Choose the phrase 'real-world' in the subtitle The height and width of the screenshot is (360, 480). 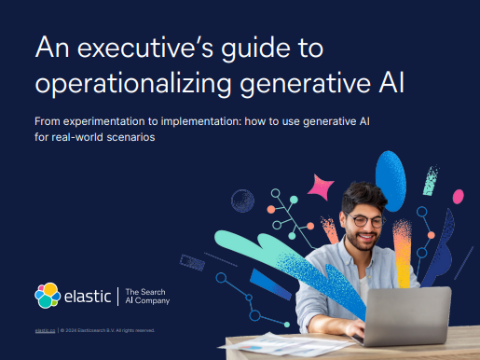tap(83, 138)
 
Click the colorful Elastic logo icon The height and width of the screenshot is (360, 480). tap(48, 296)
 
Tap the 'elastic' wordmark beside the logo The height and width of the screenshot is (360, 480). tap(88, 297)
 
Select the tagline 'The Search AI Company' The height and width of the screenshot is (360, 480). tap(147, 297)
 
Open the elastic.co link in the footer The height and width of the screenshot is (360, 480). tap(45, 330)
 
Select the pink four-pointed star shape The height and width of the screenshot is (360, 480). tap(320, 187)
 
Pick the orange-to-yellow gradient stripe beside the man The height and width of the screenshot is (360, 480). tap(404, 246)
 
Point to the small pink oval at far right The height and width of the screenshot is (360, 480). tap(468, 242)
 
